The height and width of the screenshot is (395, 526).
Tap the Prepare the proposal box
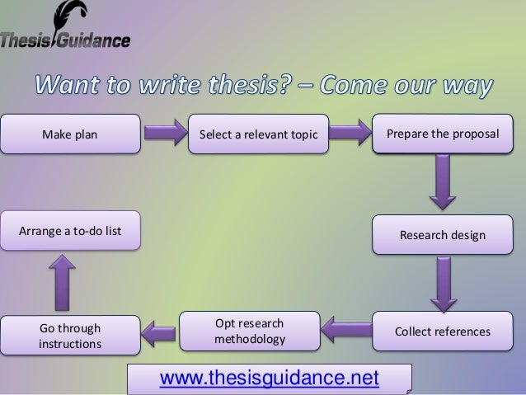[442, 134]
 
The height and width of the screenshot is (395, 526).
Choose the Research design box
[442, 237]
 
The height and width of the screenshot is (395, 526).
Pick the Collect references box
[442, 332]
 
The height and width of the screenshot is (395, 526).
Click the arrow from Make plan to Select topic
[171, 134]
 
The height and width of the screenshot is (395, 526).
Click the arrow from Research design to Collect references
[442, 284]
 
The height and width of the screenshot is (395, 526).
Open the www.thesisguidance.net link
[270, 379]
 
